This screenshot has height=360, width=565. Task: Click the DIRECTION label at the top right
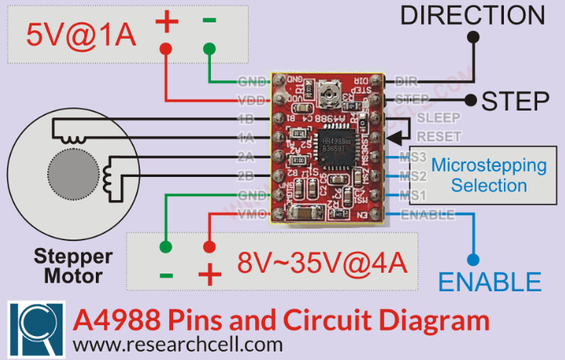pyautogui.click(x=472, y=14)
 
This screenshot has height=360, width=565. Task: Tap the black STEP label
pyautogui.click(x=516, y=100)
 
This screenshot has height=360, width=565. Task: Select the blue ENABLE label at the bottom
pyautogui.click(x=490, y=281)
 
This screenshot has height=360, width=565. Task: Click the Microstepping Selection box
pyautogui.click(x=488, y=175)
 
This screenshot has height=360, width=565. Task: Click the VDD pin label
pyautogui.click(x=252, y=100)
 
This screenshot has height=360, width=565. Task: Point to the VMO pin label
pyautogui.click(x=252, y=214)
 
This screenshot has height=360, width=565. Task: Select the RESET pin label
pyautogui.click(x=438, y=137)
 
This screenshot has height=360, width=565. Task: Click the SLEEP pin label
pyautogui.click(x=438, y=118)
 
